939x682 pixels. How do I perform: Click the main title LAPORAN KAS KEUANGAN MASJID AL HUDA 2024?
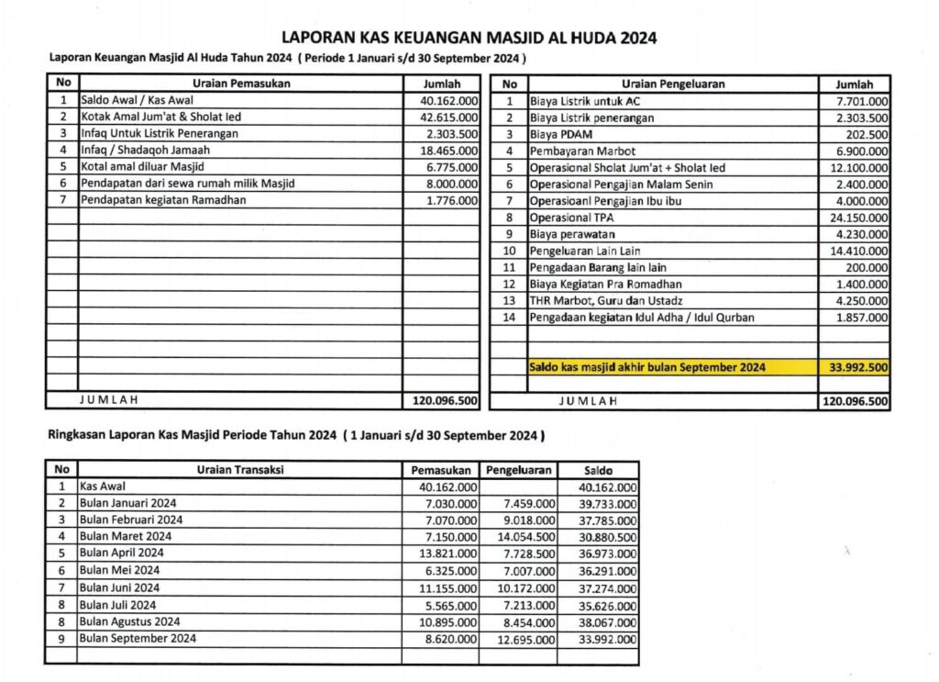(x=469, y=39)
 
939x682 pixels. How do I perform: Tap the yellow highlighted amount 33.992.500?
(x=856, y=367)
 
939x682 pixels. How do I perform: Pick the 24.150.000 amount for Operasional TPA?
(x=856, y=218)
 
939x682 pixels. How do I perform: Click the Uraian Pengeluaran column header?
(x=672, y=84)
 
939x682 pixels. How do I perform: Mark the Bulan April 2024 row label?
(x=122, y=553)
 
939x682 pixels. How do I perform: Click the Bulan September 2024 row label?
(x=138, y=638)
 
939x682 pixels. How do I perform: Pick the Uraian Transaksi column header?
(x=240, y=470)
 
